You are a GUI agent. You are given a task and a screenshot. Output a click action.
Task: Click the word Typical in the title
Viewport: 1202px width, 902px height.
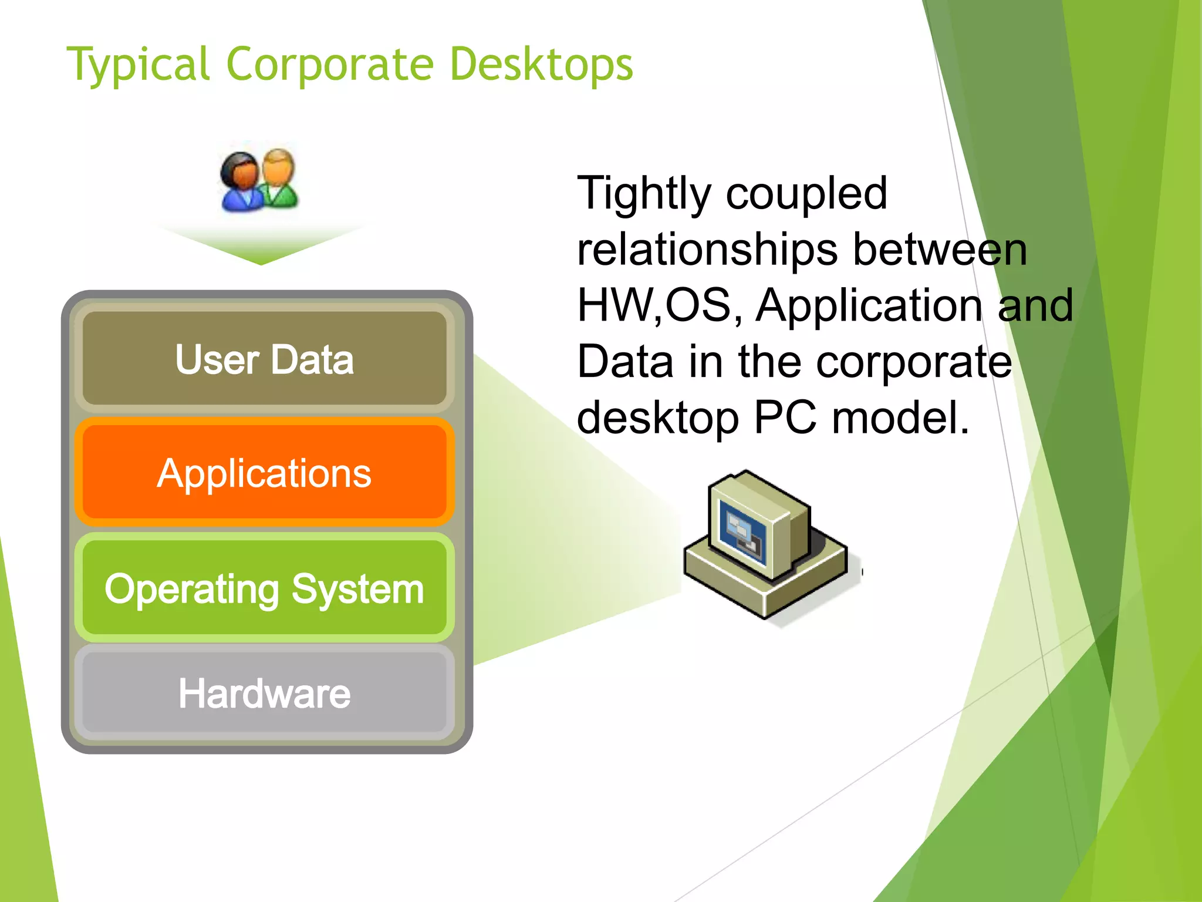(x=139, y=65)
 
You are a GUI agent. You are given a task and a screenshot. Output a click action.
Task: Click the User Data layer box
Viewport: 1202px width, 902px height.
(x=264, y=359)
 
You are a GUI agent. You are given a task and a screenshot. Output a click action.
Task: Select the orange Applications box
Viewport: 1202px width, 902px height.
(x=264, y=473)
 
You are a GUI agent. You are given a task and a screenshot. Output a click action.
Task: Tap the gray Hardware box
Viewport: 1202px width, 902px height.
(x=264, y=694)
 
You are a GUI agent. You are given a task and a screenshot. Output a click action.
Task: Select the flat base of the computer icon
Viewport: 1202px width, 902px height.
(x=763, y=587)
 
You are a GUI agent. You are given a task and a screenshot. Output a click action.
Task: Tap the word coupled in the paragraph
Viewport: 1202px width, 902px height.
(x=806, y=193)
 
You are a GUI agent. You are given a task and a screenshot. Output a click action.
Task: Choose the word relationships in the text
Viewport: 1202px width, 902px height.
(x=707, y=250)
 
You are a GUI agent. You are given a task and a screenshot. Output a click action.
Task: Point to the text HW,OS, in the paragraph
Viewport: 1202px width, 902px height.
(x=660, y=305)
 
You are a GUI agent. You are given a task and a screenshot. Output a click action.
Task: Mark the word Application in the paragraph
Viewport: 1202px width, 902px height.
(x=869, y=305)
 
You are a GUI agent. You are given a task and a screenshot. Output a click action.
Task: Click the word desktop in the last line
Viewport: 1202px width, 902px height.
(x=657, y=418)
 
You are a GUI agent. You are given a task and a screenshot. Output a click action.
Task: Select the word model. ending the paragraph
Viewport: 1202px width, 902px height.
(x=901, y=418)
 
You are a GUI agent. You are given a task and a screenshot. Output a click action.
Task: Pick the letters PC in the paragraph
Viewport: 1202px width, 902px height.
(x=785, y=418)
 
